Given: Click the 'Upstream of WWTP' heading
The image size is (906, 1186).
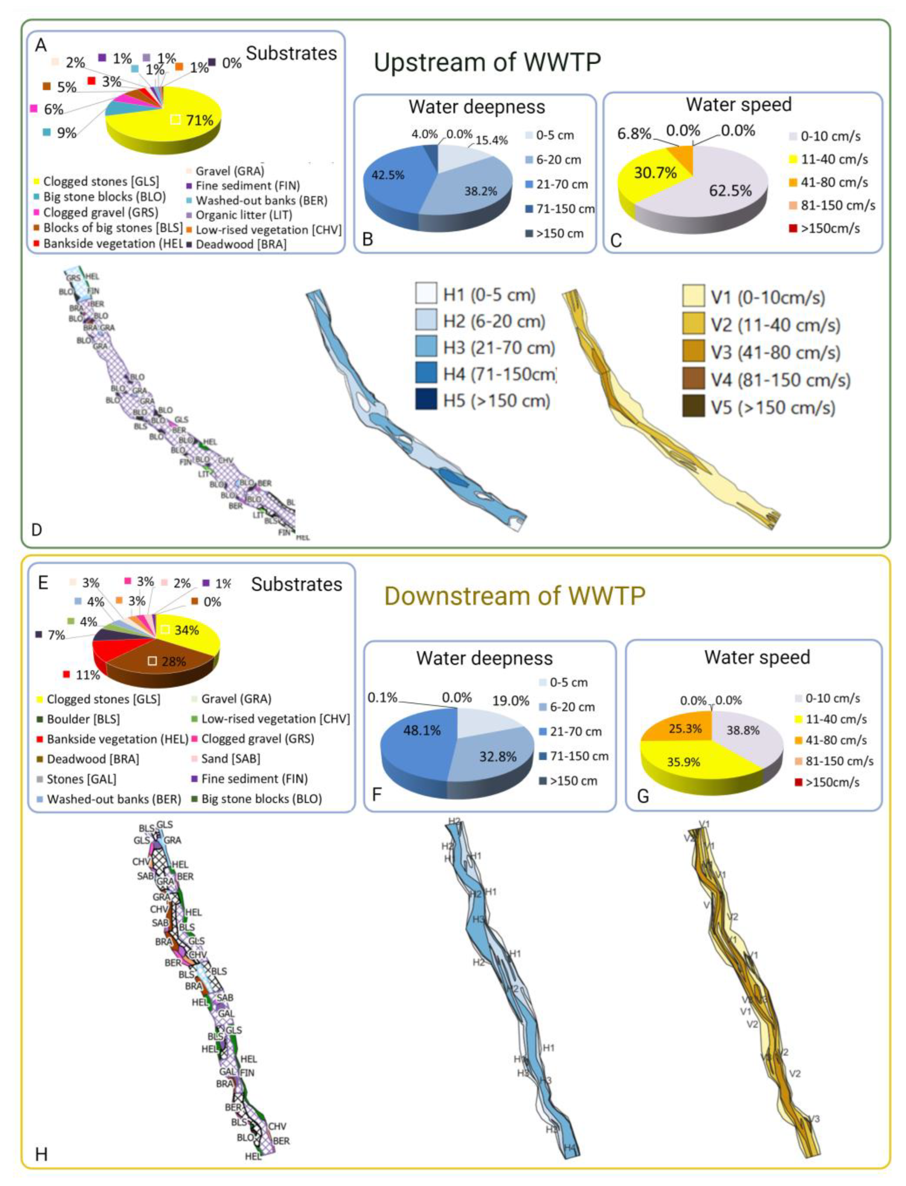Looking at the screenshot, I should [x=487, y=63].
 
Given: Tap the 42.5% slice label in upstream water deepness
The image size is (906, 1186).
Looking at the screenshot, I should [x=388, y=175].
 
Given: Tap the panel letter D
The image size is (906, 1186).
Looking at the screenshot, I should [x=37, y=530].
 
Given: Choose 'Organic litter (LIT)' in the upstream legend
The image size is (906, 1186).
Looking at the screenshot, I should [x=244, y=215].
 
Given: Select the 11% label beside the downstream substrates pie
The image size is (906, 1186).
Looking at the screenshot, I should [x=87, y=675].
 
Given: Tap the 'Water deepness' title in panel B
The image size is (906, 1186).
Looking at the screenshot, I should [x=477, y=107].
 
